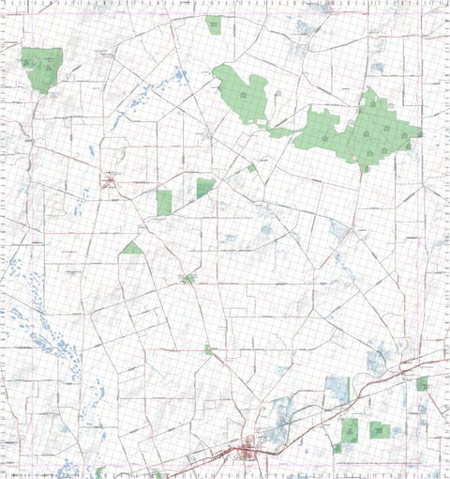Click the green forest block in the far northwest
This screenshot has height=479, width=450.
point(43,69)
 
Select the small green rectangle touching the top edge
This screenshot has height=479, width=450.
point(214,24)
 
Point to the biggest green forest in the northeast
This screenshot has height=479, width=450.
point(375,131)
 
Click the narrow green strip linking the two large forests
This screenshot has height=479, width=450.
point(281,132)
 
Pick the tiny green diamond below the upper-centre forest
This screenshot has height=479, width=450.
point(251,168)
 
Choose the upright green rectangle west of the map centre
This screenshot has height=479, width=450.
point(165,202)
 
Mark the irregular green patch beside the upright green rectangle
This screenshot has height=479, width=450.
point(205,187)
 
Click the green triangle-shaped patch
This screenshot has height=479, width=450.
point(133,249)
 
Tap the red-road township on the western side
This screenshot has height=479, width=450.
point(111,180)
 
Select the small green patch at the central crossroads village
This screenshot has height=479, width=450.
point(188,279)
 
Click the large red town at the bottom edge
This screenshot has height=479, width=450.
point(247,456)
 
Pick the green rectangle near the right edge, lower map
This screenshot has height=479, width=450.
point(423,383)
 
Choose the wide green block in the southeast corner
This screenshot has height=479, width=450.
point(380,430)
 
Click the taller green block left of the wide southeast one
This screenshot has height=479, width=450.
point(351,429)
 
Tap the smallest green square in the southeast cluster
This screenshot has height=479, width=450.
point(337,448)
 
